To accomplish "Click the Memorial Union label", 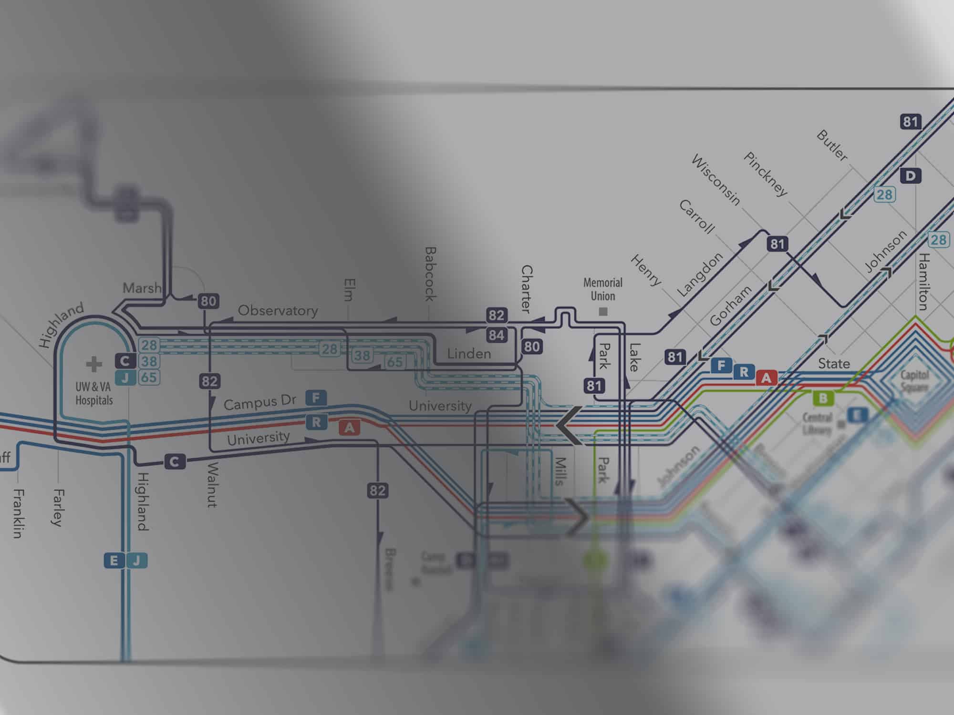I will [603, 289].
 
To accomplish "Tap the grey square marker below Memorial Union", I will [603, 312].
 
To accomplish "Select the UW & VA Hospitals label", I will [94, 393].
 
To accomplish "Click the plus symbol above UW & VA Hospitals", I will [94, 365].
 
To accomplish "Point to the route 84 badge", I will [496, 335].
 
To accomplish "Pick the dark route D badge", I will [910, 176].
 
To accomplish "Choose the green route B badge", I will [823, 398].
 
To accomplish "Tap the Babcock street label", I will [430, 274].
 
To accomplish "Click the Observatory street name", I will [278, 311].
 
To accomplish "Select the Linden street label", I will [469, 354].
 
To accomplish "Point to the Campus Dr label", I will [260, 403].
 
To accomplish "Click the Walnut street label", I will [212, 484].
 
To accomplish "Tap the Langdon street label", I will [700, 275].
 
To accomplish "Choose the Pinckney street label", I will [765, 174].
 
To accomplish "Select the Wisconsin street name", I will [715, 180].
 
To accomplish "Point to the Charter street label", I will [526, 289].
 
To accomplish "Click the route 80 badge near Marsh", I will [208, 301].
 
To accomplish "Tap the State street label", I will [834, 364].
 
